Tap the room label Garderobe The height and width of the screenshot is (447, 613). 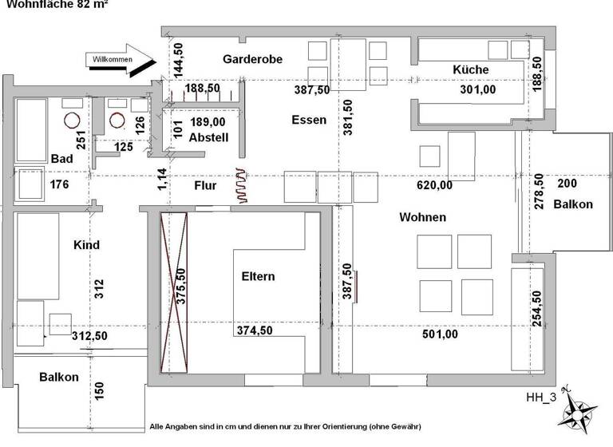250,59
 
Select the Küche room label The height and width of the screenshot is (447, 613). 470,69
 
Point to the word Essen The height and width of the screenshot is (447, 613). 309,120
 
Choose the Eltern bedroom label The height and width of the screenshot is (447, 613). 258,277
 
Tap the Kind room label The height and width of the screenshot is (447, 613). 85,245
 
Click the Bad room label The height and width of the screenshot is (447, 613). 62,159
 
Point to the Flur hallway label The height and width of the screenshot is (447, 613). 205,185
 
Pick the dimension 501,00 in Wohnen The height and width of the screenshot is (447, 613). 440,334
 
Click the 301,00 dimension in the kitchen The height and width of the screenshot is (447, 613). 478,90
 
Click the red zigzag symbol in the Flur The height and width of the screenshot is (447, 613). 242,185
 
